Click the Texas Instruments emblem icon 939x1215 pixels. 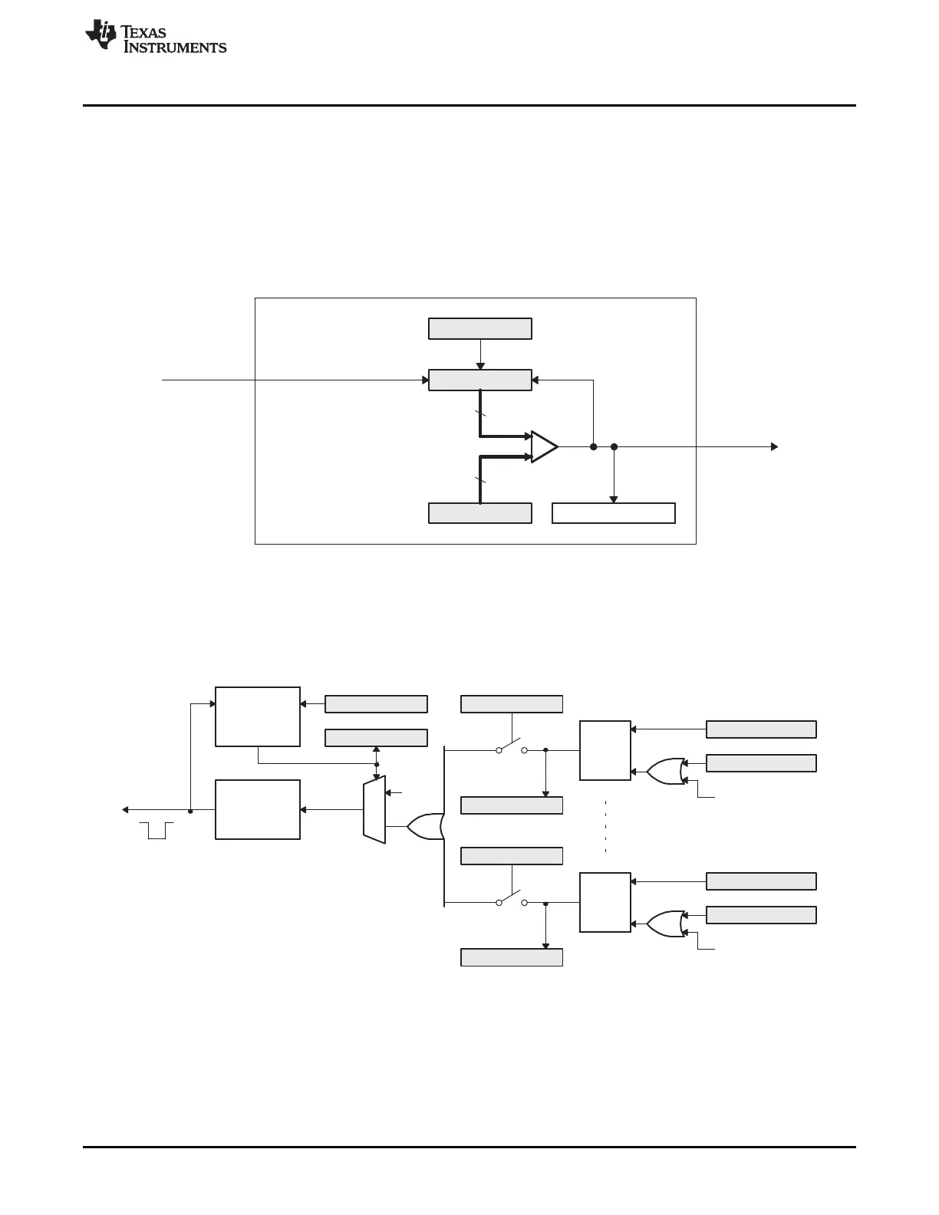pos(100,35)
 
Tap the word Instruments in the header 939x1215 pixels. pos(175,48)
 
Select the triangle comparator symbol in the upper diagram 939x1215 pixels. pos(544,446)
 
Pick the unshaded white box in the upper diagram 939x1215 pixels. pos(614,513)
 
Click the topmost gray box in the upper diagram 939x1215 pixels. pos(479,328)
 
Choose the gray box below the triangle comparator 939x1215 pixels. pos(479,513)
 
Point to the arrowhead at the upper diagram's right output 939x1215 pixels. pos(774,446)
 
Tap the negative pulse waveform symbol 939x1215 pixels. pos(156,830)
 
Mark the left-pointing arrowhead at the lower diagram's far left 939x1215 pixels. pos(126,809)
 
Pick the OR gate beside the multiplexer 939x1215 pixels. pos(424,826)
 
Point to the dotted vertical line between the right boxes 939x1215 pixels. pos(605,826)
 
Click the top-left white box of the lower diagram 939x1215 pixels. pos(258,716)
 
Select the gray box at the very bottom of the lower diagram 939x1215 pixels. pos(512,957)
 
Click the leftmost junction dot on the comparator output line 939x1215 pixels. pos(593,446)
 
